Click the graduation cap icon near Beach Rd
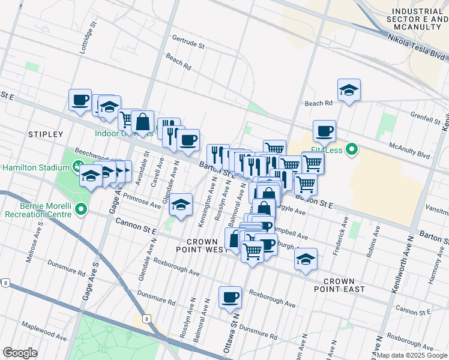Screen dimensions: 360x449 [x=349, y=90]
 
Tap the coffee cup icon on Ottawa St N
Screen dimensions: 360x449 [x=230, y=297]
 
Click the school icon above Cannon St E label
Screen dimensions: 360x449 [x=180, y=204]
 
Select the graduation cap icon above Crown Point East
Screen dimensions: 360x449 [x=306, y=259]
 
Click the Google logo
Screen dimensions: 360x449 [x=20, y=353]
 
